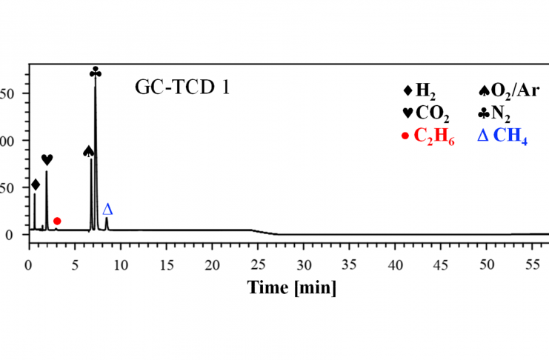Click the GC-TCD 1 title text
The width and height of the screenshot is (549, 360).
(x=182, y=87)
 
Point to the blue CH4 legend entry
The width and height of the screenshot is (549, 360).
(x=502, y=138)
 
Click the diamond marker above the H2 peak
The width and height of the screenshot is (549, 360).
(x=35, y=184)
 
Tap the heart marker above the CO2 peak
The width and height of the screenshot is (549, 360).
(x=47, y=159)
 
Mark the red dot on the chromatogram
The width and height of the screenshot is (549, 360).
(x=57, y=221)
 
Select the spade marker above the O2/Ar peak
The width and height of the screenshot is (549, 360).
(x=89, y=151)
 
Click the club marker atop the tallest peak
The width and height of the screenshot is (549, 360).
(x=95, y=72)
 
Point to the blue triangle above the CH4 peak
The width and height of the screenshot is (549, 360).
(x=107, y=209)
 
